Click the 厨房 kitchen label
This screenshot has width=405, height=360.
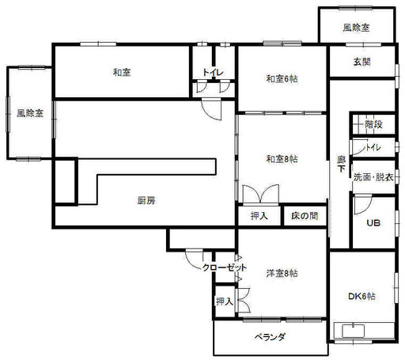click(x=146, y=201)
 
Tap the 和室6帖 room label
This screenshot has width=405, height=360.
click(x=282, y=79)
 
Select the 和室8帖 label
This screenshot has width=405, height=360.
click(x=282, y=159)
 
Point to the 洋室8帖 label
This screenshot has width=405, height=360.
click(x=282, y=274)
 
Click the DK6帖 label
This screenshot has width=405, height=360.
click(x=361, y=296)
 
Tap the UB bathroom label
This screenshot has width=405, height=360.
click(x=373, y=223)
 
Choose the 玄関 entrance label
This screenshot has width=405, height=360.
click(x=362, y=62)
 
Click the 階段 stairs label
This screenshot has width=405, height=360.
click(x=373, y=124)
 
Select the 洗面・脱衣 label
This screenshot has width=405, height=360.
click(x=373, y=177)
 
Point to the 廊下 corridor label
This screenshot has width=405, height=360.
click(x=342, y=164)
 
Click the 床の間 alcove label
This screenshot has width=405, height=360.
click(x=305, y=216)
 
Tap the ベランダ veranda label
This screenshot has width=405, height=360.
click(x=270, y=337)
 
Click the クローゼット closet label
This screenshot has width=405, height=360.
click(x=225, y=268)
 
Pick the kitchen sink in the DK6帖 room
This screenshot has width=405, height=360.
click(x=354, y=331)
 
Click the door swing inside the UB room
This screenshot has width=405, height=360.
click(x=362, y=205)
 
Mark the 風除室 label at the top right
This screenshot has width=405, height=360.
click(x=356, y=28)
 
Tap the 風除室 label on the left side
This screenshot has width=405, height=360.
click(x=30, y=113)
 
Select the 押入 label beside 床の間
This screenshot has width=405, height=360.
click(x=259, y=216)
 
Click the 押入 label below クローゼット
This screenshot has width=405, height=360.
click(x=225, y=301)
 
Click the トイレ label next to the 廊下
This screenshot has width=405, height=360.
click(x=373, y=147)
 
